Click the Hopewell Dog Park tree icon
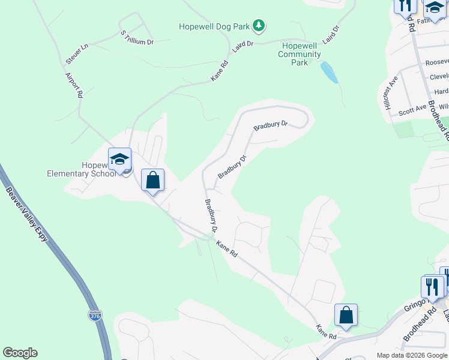259,25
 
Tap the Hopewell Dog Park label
214,26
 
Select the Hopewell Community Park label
299,54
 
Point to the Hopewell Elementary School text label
82,169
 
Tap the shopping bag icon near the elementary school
152,180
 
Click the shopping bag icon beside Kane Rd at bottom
346,315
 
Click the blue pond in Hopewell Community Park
328,73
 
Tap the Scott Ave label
412,110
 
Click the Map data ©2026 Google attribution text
412,355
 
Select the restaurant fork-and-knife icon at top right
405,6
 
